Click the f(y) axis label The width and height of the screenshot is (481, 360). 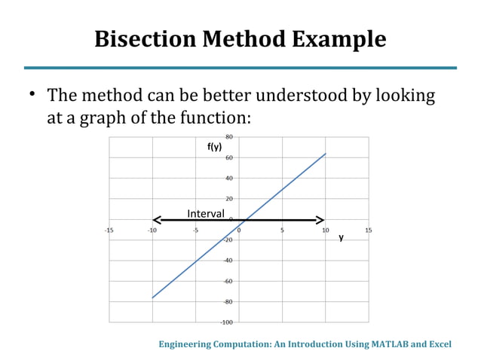click(214, 147)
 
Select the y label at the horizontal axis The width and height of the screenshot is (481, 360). click(341, 237)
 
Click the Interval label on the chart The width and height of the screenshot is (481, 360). click(205, 213)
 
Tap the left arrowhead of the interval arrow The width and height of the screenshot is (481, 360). click(155, 220)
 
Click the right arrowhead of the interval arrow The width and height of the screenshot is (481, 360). click(322, 220)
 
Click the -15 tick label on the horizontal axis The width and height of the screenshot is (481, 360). click(109, 230)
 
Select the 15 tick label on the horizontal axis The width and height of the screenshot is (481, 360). click(369, 230)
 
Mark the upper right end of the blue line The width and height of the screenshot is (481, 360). click(326, 154)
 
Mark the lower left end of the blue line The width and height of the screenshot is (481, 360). click(153, 297)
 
